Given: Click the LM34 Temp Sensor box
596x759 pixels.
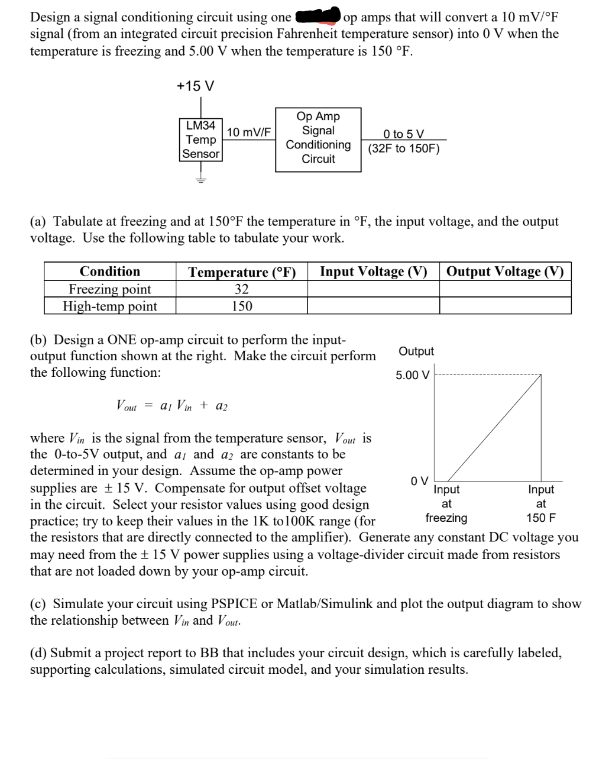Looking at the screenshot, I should pyautogui.click(x=200, y=140).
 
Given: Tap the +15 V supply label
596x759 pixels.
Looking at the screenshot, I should pyautogui.click(x=195, y=86).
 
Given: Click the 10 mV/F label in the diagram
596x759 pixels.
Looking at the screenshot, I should pyautogui.click(x=249, y=132).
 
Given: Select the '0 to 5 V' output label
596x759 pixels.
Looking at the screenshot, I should pyautogui.click(x=403, y=134).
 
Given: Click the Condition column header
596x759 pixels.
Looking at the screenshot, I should pyautogui.click(x=110, y=272).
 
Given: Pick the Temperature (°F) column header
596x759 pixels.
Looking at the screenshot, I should pyautogui.click(x=242, y=272).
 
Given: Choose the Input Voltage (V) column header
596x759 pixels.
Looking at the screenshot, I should pyautogui.click(x=373, y=272).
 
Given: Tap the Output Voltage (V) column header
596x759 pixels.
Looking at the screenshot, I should pyautogui.click(x=505, y=272).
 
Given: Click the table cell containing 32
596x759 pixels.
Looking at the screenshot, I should pyautogui.click(x=242, y=289).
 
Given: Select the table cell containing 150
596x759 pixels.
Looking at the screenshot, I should pyautogui.click(x=242, y=306).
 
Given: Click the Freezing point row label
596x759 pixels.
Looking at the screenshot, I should pyautogui.click(x=110, y=289).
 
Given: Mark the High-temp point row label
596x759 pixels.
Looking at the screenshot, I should pyautogui.click(x=110, y=306).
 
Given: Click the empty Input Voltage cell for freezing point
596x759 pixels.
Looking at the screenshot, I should pyautogui.click(x=373, y=289).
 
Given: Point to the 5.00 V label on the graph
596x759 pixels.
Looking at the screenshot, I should pyautogui.click(x=413, y=376).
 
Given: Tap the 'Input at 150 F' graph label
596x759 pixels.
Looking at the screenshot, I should pyautogui.click(x=541, y=503).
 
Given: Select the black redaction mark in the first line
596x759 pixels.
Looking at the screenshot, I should pyautogui.click(x=318, y=15).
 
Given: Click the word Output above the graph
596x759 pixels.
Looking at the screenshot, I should pyautogui.click(x=416, y=351).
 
